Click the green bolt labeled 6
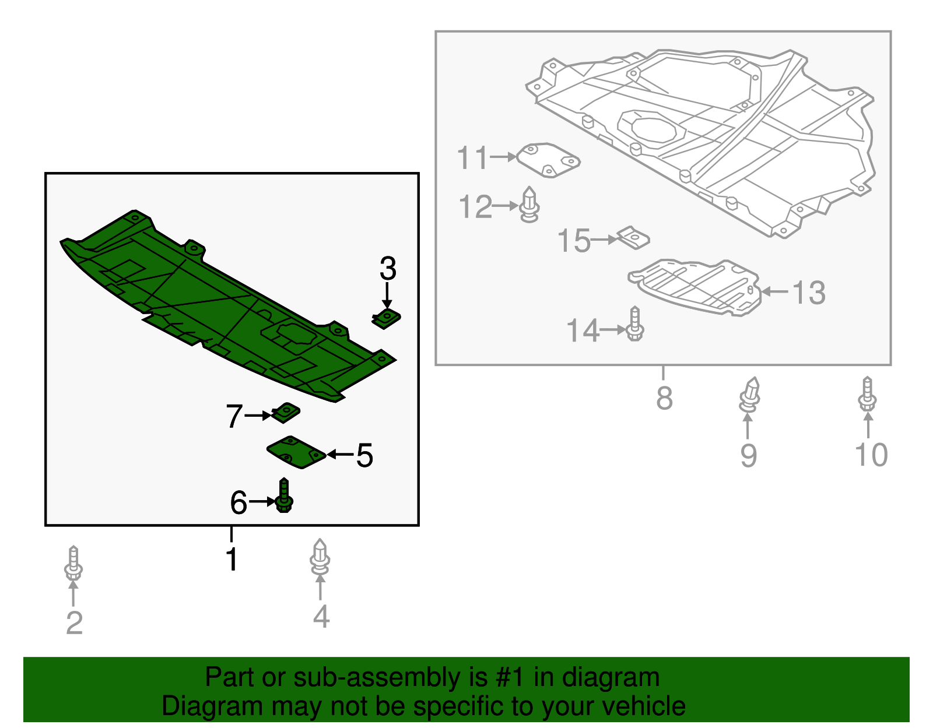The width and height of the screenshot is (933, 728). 284,497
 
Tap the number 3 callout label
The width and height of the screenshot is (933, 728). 388,269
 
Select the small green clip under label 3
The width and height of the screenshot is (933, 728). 387,319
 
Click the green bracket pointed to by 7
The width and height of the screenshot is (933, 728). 286,412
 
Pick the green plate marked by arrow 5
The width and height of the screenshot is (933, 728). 296,452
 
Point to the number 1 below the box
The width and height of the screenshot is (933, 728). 232,559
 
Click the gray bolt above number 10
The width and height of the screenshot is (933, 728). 868,395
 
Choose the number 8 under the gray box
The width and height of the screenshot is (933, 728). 664,399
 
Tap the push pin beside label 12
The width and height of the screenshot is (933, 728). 529,205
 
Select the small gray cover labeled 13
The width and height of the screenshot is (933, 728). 694,287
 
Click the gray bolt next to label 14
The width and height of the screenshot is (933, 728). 635,325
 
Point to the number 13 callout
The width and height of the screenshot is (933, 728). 809,293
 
